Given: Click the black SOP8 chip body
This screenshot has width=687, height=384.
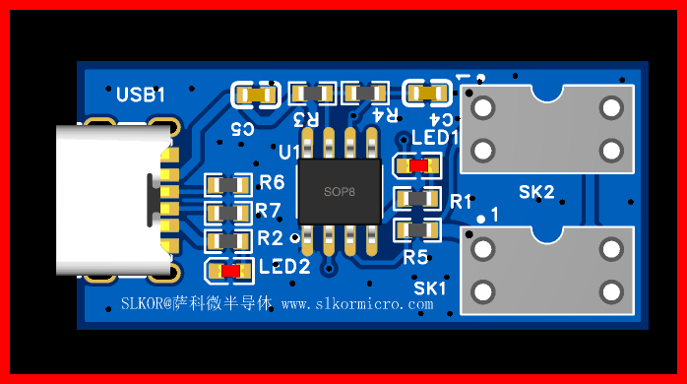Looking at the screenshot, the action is point(340,192).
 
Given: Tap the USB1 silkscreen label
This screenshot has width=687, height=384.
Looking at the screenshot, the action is point(141,95).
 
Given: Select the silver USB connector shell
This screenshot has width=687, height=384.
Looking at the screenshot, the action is point(114,200).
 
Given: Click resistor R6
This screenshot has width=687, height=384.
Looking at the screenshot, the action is point(227,184).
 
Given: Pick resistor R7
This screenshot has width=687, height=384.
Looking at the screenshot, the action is point(227,213).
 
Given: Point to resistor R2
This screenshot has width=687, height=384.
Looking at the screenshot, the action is point(227,240).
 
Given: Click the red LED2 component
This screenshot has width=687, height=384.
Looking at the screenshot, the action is point(230,272).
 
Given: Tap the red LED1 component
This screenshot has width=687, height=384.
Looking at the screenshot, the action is point(417,165).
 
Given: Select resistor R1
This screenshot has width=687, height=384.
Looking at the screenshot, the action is point(417,199).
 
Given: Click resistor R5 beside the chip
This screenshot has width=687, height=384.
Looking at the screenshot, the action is point(417,230).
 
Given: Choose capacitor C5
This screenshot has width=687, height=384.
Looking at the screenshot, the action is point(256,95).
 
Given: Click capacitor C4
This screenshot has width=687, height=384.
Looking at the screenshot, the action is point(427,93).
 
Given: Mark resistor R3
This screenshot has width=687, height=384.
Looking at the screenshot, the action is point(312,93).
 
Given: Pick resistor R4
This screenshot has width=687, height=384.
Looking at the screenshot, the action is point(365,93).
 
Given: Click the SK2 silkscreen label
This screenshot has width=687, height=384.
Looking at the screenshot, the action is point(536,192).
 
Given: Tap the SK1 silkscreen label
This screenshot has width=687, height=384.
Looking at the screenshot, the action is point(430,288).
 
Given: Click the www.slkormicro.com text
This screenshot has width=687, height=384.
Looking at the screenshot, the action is point(357,303).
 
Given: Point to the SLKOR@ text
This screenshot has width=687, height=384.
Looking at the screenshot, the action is point(148,303).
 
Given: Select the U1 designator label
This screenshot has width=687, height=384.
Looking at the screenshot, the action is point(289,152).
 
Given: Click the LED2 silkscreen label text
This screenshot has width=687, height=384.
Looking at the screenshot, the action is point(284,267).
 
